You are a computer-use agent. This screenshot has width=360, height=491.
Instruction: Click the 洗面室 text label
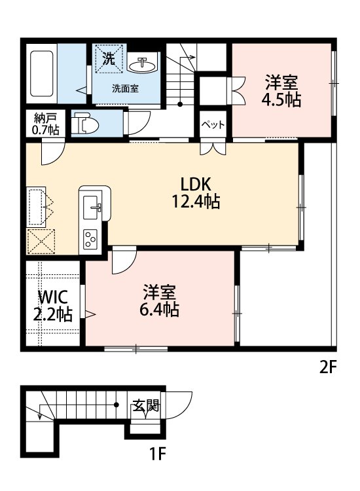point(124,89)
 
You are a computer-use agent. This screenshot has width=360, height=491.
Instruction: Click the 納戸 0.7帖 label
point(45,124)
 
